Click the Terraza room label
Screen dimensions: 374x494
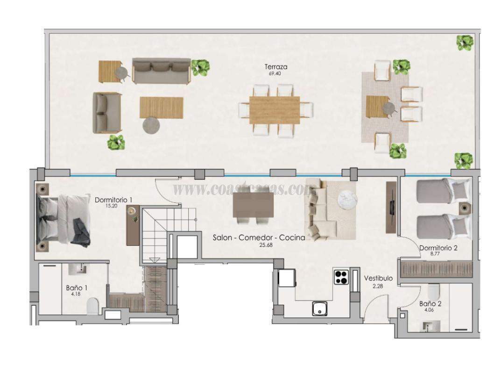[276, 67]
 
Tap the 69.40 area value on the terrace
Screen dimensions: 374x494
[276, 73]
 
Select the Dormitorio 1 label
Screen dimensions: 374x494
[113, 200]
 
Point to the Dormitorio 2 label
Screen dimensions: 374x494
[438, 248]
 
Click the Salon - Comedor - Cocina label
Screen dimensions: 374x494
[259, 237]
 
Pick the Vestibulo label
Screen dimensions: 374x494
[378, 278]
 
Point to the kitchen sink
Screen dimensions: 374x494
[320, 309]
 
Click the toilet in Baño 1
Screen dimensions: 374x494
[93, 306]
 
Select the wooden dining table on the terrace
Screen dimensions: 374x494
[275, 110]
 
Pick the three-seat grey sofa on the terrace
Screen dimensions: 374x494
[161, 71]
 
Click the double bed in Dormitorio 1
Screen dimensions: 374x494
[63, 220]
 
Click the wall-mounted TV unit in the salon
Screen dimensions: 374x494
[391, 207]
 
